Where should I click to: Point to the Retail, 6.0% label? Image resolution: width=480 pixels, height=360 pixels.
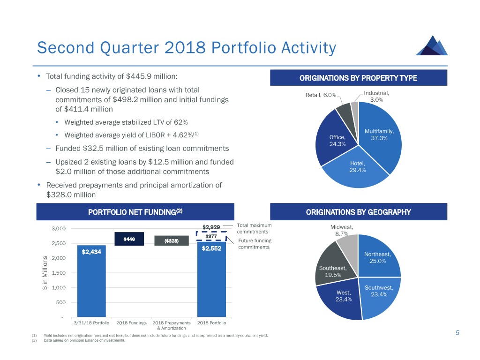(321, 95)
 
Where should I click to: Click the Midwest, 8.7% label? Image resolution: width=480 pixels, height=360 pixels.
(342, 231)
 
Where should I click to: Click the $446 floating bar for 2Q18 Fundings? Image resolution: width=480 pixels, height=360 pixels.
(129, 239)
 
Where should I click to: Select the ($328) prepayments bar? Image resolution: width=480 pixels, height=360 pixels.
(171, 241)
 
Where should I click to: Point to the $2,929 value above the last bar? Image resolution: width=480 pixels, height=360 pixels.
(211, 227)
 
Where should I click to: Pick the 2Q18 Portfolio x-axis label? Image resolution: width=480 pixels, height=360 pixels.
(211, 323)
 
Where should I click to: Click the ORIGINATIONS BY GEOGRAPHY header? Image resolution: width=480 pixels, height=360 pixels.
(358, 212)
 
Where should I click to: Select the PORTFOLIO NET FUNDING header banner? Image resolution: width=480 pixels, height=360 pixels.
(135, 212)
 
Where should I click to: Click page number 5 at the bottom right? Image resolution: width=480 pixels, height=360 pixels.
(457, 333)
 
